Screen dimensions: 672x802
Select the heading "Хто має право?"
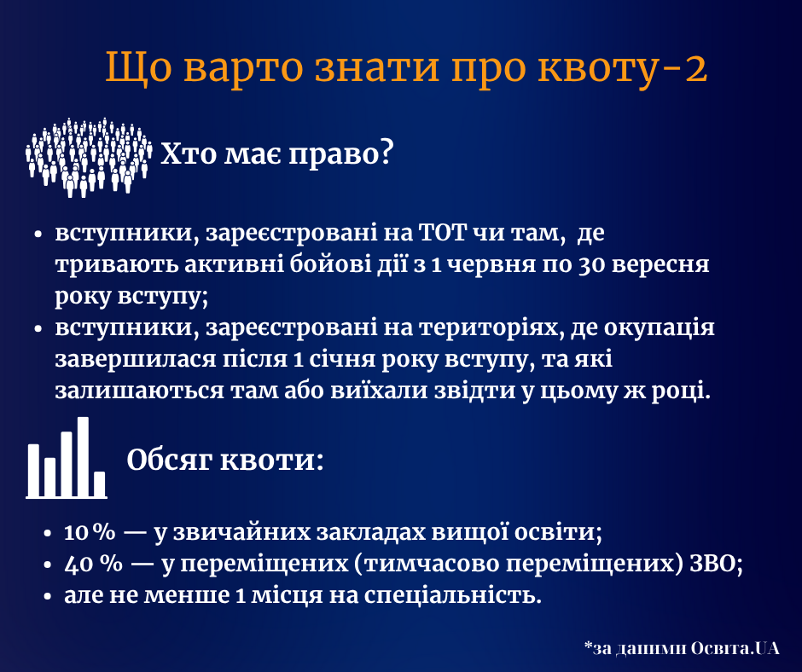(276, 154)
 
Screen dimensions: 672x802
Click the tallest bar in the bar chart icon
(84, 455)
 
